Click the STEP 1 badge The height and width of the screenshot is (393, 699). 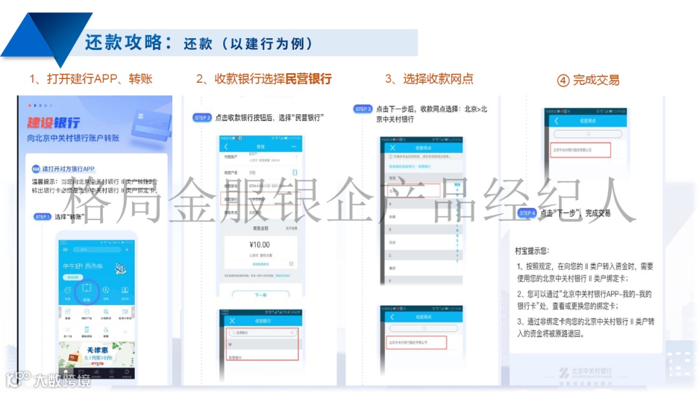(43, 216)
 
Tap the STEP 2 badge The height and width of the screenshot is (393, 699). (203, 118)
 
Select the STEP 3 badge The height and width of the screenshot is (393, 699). (363, 109)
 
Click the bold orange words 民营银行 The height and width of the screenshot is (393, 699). (308, 79)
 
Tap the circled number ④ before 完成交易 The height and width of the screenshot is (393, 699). (563, 80)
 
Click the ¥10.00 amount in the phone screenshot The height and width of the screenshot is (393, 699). (259, 245)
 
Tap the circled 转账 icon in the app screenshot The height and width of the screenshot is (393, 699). (87, 289)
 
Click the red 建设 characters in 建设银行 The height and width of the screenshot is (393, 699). (45, 122)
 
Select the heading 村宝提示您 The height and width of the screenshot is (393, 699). (532, 251)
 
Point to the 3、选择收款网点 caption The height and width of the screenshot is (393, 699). (429, 79)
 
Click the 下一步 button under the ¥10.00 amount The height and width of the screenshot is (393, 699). (260, 295)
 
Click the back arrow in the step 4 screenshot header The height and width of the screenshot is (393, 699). (555, 121)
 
